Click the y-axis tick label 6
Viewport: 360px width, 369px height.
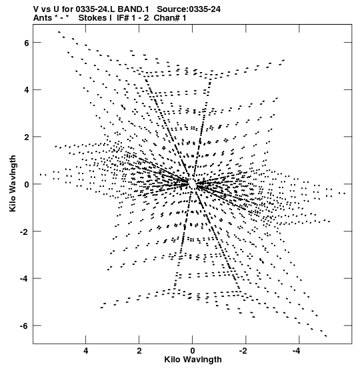(x=26, y=43)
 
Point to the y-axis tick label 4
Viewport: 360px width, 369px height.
(x=26, y=90)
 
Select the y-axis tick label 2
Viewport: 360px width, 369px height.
(x=26, y=137)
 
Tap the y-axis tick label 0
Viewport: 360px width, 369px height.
(x=26, y=184)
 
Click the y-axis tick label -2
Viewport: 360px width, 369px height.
(x=24, y=232)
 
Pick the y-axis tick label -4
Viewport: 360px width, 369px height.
(x=24, y=279)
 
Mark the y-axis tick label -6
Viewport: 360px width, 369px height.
(x=24, y=326)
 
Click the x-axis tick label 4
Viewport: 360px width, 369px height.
(x=85, y=351)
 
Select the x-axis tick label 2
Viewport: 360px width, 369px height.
(x=139, y=351)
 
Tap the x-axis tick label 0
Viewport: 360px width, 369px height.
(x=193, y=351)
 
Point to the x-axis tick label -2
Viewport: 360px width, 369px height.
(x=244, y=351)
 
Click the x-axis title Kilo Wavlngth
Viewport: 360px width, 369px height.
(x=193, y=360)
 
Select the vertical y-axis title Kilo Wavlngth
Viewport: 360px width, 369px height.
(x=13, y=183)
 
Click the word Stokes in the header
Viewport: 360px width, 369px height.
(x=93, y=18)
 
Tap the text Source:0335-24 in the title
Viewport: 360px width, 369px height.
(x=189, y=9)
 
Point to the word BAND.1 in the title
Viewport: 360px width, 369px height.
(x=133, y=9)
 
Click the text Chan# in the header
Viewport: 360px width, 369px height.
(x=167, y=18)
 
